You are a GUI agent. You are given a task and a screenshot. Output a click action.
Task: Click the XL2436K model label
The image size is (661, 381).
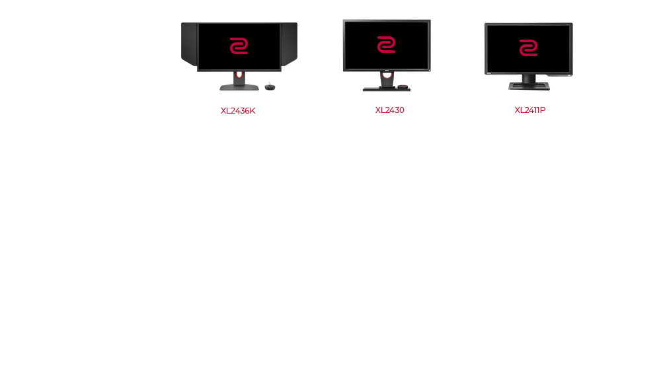click(x=238, y=111)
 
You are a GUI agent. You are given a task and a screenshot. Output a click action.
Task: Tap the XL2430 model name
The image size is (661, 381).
click(x=389, y=110)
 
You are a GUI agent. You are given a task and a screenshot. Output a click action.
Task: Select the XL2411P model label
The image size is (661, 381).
click(x=530, y=110)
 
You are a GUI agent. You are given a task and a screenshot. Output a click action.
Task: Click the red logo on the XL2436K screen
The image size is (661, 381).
click(x=239, y=46)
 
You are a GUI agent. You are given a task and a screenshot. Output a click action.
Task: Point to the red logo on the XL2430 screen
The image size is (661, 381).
click(x=386, y=45)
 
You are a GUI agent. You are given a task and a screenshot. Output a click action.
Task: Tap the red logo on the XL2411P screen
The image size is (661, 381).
click(x=528, y=48)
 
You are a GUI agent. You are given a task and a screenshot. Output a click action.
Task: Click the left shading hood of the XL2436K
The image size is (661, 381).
click(x=189, y=44)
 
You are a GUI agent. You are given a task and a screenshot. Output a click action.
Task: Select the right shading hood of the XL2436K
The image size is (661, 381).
click(x=290, y=44)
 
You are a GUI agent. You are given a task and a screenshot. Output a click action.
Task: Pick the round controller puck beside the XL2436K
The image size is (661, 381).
click(x=270, y=87)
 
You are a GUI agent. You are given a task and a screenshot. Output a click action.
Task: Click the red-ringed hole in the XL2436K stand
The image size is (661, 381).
click(x=239, y=75)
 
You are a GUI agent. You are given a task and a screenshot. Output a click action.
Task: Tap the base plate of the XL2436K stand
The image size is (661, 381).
click(x=239, y=88)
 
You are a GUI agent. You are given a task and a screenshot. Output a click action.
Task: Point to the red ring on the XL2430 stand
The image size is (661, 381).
click(x=387, y=75)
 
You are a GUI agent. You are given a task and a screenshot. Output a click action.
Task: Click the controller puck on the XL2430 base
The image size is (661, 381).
click(x=403, y=87)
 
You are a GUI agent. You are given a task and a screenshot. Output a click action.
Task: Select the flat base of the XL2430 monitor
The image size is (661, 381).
click(x=387, y=89)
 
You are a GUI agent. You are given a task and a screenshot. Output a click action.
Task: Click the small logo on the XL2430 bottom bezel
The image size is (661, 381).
click(x=387, y=70)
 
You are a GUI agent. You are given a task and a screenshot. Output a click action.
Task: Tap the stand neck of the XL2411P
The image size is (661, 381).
click(x=529, y=79)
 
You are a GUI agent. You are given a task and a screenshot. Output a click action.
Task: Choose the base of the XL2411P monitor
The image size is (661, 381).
click(x=529, y=87)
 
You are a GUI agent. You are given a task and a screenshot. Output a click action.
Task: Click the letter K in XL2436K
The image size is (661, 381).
click(x=253, y=111)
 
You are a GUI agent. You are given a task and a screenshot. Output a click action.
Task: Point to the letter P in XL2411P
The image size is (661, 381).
click(x=543, y=110)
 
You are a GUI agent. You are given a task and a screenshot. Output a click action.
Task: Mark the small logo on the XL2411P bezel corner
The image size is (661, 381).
click(x=489, y=73)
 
